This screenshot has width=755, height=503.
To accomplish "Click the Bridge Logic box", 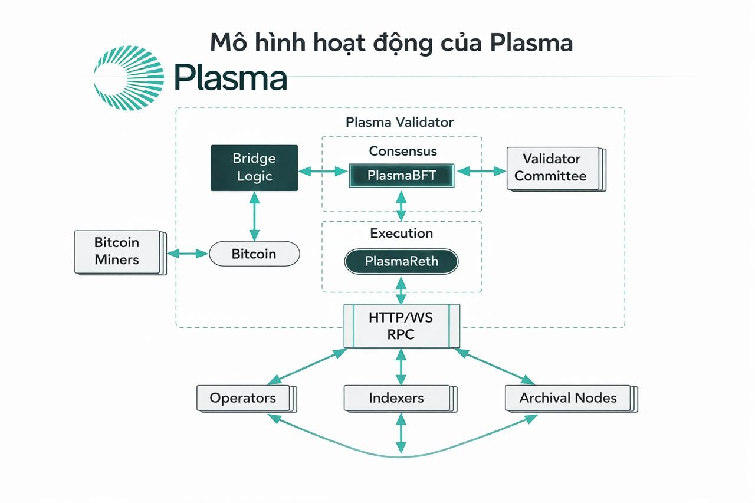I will (254, 167).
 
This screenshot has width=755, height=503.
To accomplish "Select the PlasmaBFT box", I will (402, 175).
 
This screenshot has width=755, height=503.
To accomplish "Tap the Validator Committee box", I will (551, 168).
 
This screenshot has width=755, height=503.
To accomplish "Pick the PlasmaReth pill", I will (402, 261).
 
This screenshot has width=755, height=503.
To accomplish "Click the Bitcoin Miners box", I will (117, 251).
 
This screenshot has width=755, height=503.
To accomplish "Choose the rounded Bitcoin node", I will (254, 254).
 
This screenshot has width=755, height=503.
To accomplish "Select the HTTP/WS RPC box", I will (401, 326).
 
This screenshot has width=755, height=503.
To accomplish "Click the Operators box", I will (243, 398).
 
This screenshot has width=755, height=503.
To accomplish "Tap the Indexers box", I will (396, 398).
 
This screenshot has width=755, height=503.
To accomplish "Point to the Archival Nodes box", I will (568, 398).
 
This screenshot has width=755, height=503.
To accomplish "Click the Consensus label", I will (403, 151).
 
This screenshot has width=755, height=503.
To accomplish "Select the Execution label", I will (402, 234).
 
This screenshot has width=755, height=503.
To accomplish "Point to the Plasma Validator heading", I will (400, 123).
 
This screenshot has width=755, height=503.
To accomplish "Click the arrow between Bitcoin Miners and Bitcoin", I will (189, 254).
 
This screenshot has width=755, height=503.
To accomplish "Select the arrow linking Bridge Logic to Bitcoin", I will (254, 216).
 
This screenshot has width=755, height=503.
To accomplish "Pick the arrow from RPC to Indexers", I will (401, 366).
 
